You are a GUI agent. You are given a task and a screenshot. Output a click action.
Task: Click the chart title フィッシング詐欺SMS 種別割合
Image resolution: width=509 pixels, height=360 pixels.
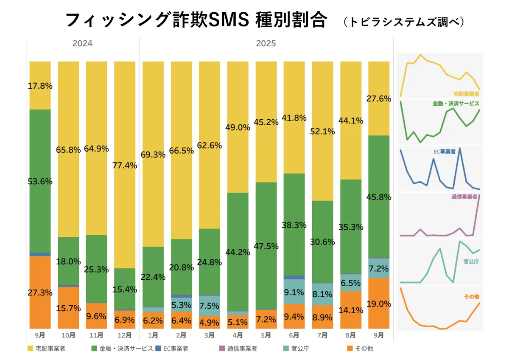pyautogui.click(x=196, y=20)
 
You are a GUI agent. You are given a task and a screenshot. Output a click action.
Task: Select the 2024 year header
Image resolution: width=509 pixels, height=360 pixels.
pyautogui.click(x=82, y=43)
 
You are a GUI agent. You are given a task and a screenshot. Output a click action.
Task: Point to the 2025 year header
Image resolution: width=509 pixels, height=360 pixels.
pyautogui.click(x=266, y=43)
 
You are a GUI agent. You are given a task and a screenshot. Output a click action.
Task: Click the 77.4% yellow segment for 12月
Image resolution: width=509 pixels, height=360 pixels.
pyautogui.click(x=125, y=165)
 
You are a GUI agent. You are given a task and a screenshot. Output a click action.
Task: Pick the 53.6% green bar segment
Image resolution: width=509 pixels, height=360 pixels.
pyautogui.click(x=40, y=181)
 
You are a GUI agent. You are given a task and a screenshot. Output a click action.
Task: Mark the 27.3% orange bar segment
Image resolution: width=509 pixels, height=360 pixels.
pyautogui.click(x=40, y=292)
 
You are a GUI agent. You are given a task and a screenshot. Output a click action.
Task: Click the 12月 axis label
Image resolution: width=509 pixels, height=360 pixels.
pyautogui.click(x=125, y=335)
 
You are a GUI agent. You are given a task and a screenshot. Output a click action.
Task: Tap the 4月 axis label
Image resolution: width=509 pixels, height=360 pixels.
pyautogui.click(x=238, y=335)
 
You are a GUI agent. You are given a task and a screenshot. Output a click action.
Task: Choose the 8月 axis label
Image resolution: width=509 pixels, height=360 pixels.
pyautogui.click(x=351, y=335)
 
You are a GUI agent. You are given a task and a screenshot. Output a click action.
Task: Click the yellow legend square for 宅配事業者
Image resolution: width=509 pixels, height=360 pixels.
pyautogui.click(x=30, y=349)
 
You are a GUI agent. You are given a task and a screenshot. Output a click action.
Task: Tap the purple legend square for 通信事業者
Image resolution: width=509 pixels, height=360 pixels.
pyautogui.click(x=221, y=349)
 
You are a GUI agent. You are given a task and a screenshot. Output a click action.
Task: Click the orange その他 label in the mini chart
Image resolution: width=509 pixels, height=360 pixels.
pyautogui.click(x=471, y=296)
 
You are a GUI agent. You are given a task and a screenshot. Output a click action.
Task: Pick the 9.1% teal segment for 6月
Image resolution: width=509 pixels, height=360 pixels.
pyautogui.click(x=294, y=292)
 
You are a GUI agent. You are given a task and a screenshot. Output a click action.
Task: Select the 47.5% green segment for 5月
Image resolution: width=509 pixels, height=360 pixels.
pyautogui.click(x=266, y=246)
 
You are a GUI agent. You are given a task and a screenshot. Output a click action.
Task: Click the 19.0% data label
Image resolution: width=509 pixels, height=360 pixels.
pyautogui.click(x=379, y=304)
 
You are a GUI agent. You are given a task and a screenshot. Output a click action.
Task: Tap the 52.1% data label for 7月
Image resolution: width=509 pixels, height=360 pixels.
pyautogui.click(x=322, y=132)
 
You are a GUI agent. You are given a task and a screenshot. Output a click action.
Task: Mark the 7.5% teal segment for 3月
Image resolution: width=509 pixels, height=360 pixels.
pyautogui.click(x=210, y=306)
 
